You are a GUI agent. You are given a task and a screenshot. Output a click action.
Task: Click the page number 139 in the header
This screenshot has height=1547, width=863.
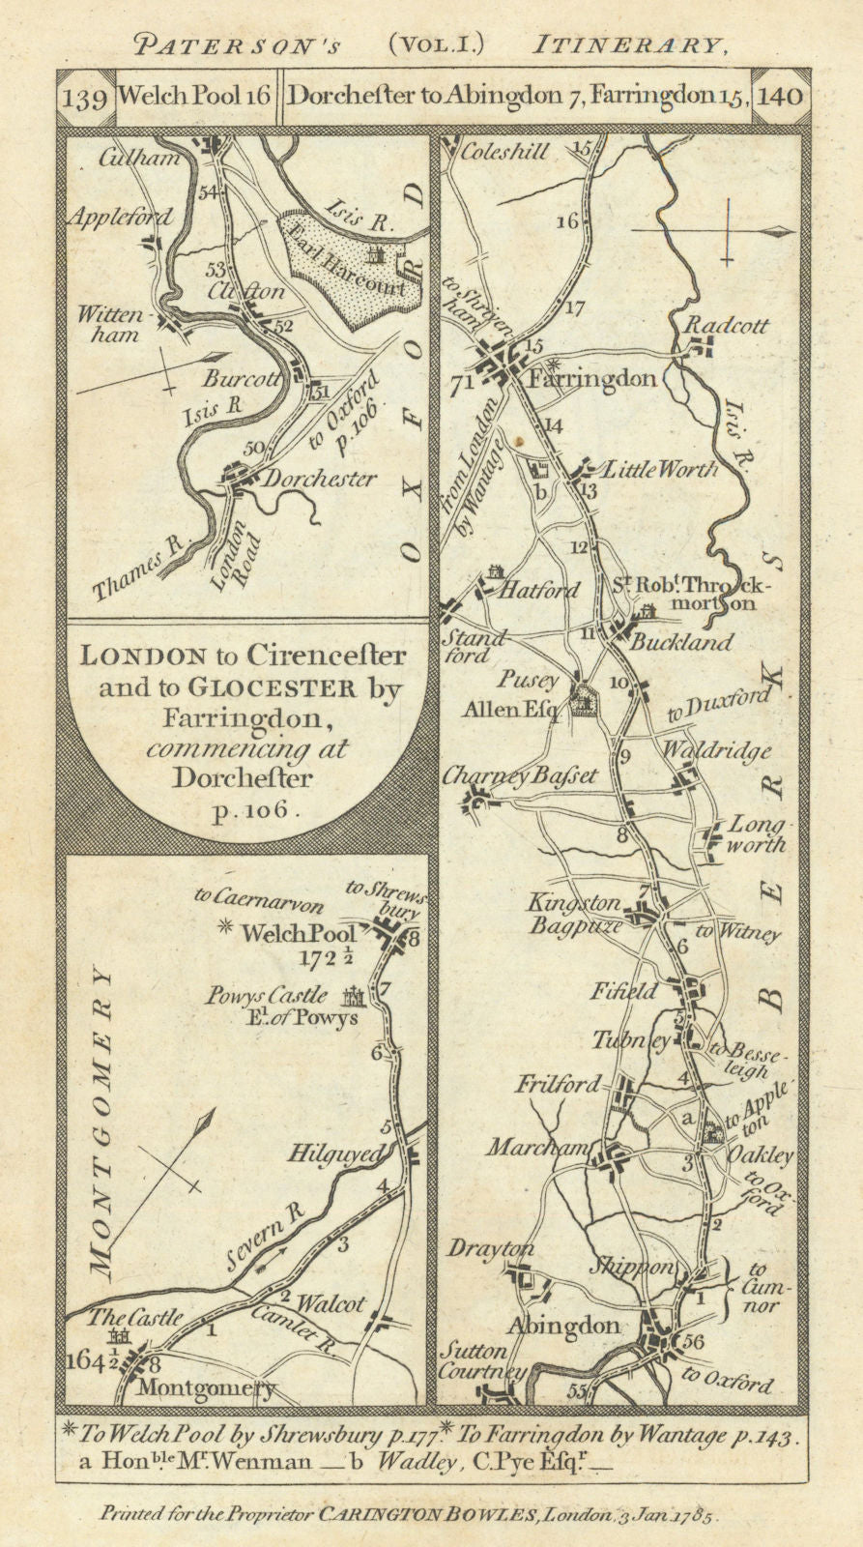point(85,99)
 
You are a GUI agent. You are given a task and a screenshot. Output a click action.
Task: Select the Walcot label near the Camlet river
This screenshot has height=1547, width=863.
point(331,1304)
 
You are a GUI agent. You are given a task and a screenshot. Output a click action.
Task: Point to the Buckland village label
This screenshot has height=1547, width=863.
point(682,642)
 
